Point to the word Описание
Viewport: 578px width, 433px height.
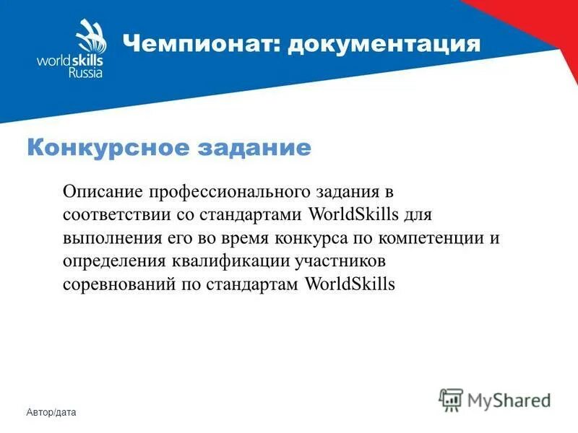pos(103,192)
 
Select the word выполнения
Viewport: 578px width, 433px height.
pos(106,238)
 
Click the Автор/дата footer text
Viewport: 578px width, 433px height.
pos(51,412)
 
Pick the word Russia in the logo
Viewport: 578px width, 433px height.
pos(86,73)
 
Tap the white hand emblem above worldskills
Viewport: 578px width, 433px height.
pos(87,35)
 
